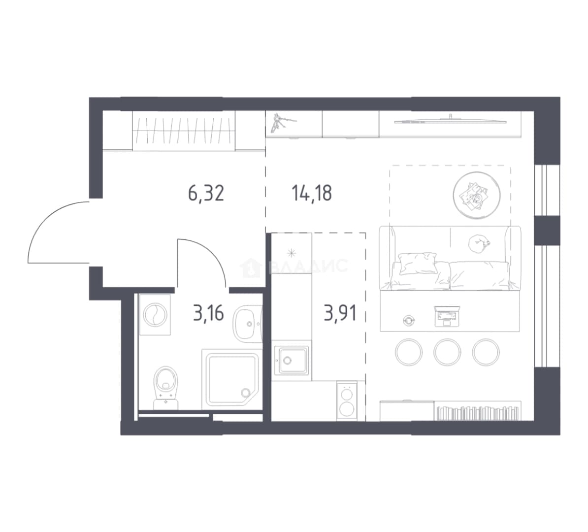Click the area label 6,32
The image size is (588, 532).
click(x=206, y=194)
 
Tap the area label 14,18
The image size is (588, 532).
click(x=312, y=194)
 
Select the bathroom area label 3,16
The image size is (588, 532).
click(x=208, y=313)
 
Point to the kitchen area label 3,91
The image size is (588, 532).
click(x=340, y=313)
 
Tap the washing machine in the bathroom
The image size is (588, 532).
click(x=155, y=314)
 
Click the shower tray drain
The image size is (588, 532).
click(x=246, y=393)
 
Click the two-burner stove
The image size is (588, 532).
click(x=347, y=400)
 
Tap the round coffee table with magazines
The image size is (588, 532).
click(x=477, y=195)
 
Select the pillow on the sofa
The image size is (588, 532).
click(x=418, y=263)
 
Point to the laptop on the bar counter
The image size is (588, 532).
click(x=447, y=316)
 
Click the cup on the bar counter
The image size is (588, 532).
click(x=408, y=320)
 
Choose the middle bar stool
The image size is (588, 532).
click(x=447, y=352)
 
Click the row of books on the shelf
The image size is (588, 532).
click(x=477, y=413)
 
